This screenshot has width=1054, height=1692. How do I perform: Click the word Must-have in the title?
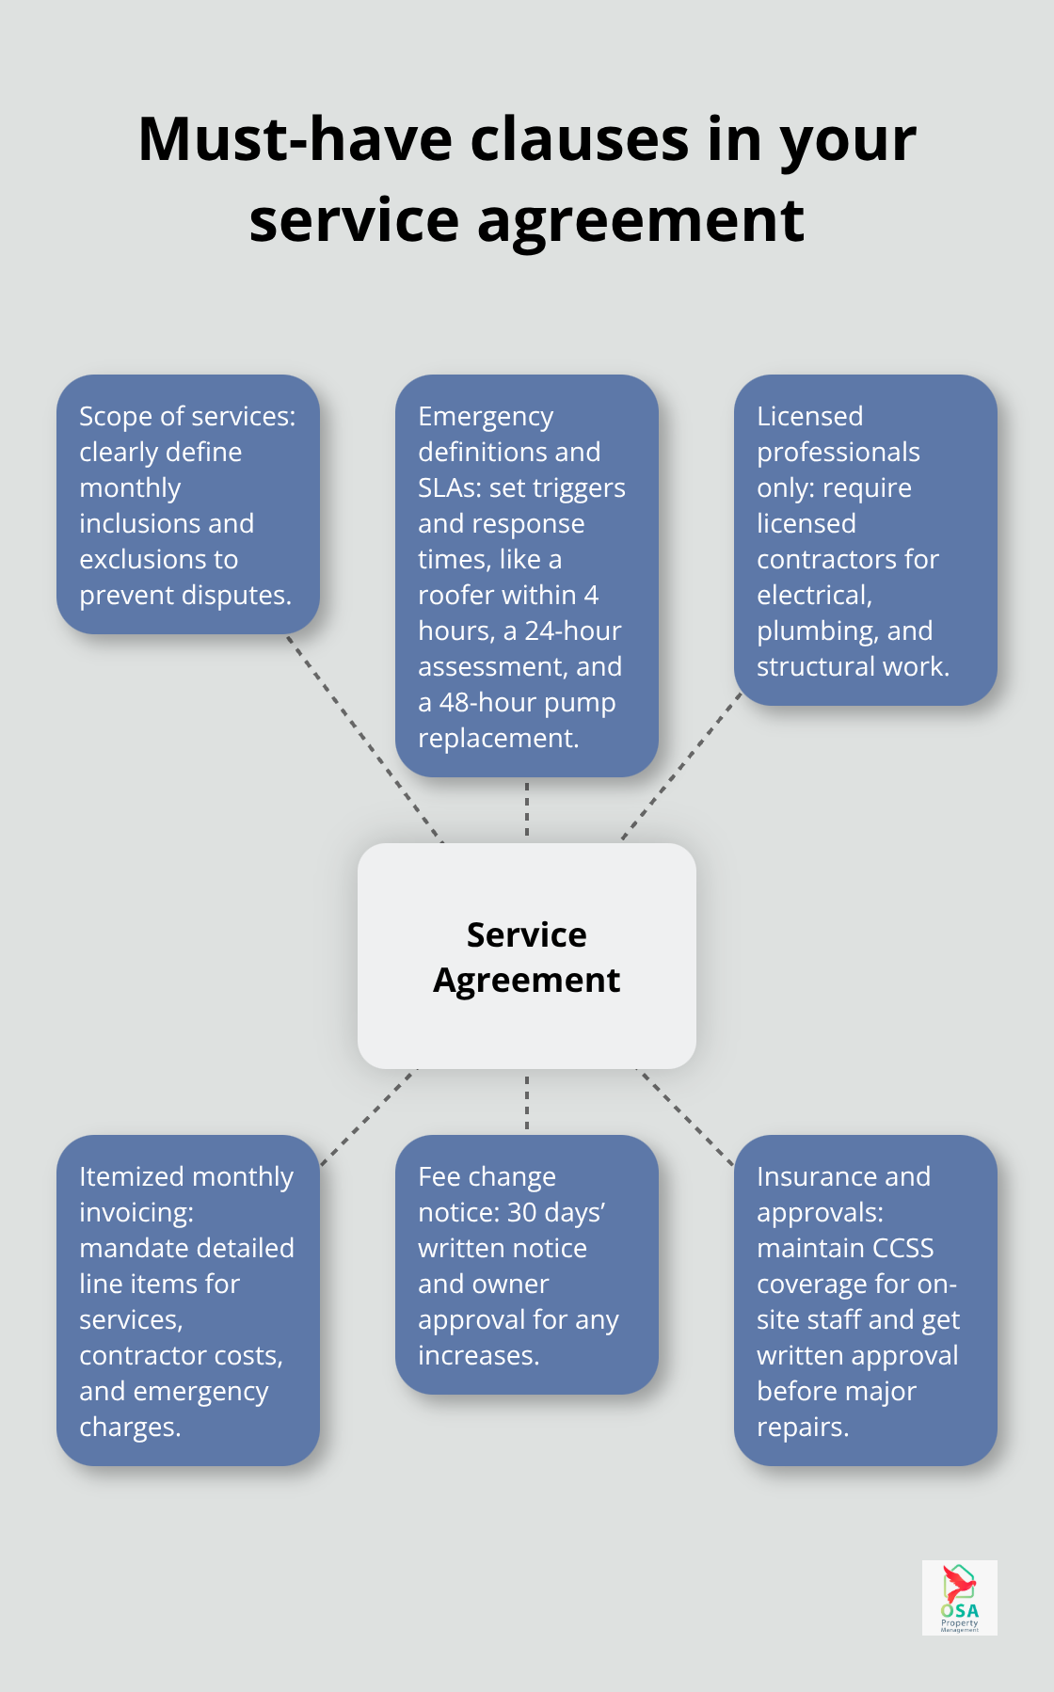pos(295,139)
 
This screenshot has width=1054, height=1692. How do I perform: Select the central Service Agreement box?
pos(527,956)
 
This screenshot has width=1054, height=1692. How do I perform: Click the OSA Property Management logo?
pos(959,1597)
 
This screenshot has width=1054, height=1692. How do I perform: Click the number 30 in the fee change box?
pos(523,1213)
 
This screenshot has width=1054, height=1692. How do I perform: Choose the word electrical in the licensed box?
pos(814,596)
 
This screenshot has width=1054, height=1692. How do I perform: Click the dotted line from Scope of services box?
pos(364,739)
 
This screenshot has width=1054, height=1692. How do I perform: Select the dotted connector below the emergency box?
pos(527,809)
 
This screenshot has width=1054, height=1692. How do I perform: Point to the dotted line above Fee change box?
pos(527,1102)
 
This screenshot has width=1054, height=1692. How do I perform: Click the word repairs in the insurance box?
pos(802,1428)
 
